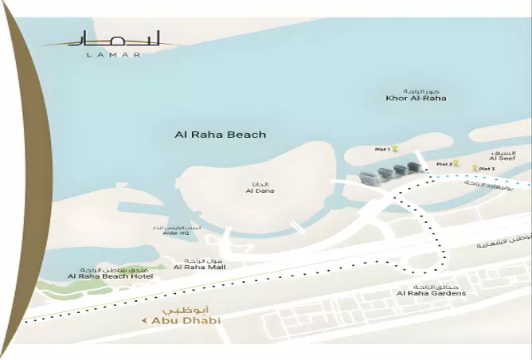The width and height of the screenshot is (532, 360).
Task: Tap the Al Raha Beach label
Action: [220, 135]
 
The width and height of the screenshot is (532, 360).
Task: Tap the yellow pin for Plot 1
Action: [395, 148]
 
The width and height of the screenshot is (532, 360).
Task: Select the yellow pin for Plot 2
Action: [457, 163]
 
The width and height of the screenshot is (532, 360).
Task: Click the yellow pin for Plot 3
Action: [475, 168]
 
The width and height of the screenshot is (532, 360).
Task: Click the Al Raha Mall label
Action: [199, 267]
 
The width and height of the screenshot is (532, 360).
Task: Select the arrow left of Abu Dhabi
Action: [144, 321]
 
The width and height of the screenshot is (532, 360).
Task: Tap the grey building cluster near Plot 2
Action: [389, 174]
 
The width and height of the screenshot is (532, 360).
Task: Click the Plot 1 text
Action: [382, 149]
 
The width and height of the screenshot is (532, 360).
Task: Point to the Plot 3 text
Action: [487, 169]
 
